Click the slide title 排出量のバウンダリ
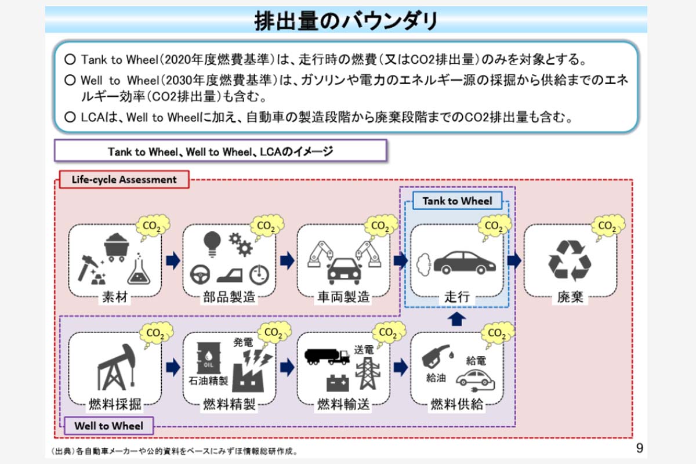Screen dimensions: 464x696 pos(346,21)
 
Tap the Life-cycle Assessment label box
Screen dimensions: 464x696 pos(124,179)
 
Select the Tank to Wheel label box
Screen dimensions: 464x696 pos(457,201)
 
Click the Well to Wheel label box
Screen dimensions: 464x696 pos(108,426)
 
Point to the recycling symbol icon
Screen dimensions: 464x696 pos(570,260)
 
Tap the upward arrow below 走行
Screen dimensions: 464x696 pos(457,318)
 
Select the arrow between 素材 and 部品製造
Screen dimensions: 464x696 pos(172,260)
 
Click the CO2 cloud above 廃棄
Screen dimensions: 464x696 pos(607,225)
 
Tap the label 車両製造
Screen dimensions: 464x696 pos(343,298)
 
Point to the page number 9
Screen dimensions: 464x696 pos(639,448)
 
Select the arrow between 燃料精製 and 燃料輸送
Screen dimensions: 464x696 pos(286,367)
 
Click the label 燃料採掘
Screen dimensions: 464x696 pos(115,404)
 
